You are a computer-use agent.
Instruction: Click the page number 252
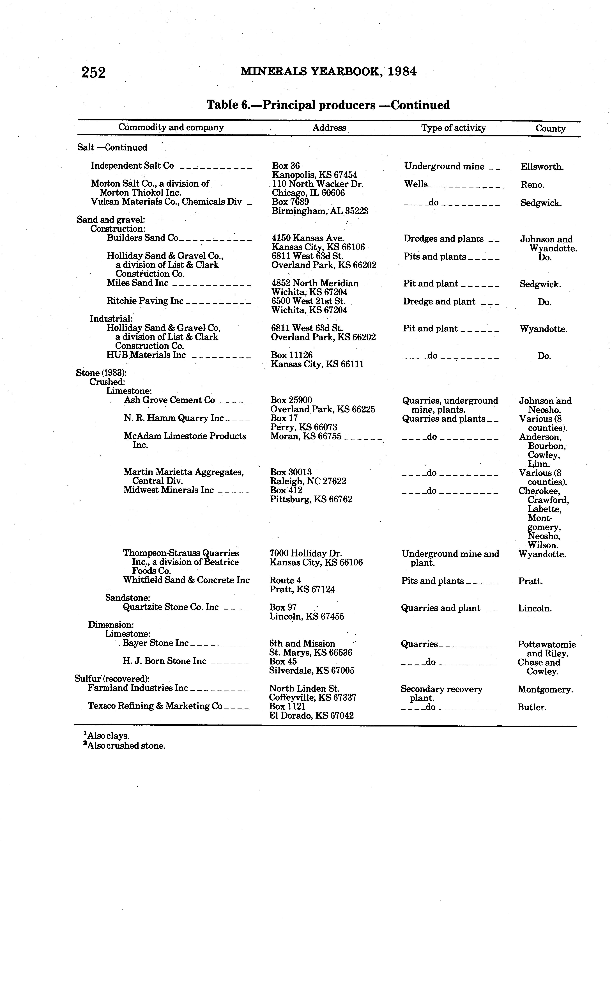[x=93, y=73]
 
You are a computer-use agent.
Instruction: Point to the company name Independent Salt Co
[x=132, y=166]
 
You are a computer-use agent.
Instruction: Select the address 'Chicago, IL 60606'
[x=308, y=193]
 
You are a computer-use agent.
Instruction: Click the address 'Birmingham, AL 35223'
[x=320, y=211]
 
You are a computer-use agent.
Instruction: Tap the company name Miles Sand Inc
[x=138, y=283]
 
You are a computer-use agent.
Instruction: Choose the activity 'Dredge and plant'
[x=439, y=302]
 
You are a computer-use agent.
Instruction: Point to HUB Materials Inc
[x=146, y=355]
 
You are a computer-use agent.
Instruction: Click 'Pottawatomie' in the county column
[x=546, y=644]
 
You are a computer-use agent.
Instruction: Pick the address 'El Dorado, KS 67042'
[x=311, y=716]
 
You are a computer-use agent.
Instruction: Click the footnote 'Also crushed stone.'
[x=125, y=746]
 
